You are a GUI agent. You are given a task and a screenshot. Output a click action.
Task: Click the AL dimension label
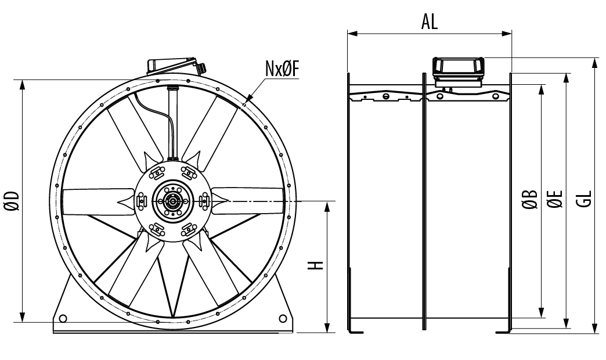430,21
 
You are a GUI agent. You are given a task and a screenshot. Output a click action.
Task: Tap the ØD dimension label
13,200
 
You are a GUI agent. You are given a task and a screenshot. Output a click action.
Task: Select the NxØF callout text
282,69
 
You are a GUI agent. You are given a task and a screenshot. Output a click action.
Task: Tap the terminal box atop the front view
173,65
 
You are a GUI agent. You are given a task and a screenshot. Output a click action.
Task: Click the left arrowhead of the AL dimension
351,34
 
